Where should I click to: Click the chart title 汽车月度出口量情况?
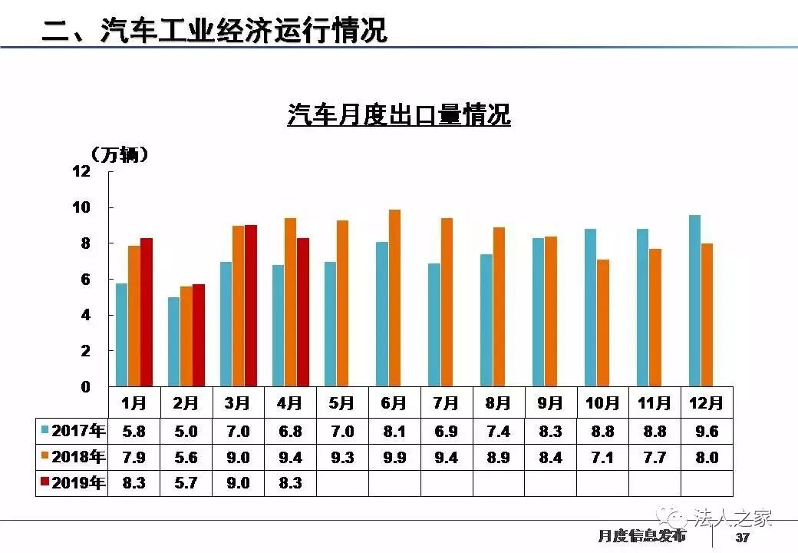(399, 115)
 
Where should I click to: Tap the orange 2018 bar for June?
(394, 298)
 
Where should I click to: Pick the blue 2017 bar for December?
(694, 300)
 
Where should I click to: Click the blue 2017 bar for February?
(174, 342)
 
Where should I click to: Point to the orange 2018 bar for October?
(603, 323)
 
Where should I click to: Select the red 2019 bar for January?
(147, 312)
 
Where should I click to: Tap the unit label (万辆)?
(119, 154)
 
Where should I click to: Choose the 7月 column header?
(446, 403)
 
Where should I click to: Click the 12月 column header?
(707, 403)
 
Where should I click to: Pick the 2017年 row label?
(74, 431)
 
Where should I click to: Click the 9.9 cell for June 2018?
(394, 458)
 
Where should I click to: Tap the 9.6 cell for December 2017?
(707, 432)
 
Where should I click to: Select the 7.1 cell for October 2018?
(602, 458)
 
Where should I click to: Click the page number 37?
(742, 538)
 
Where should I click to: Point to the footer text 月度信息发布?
(641, 536)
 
